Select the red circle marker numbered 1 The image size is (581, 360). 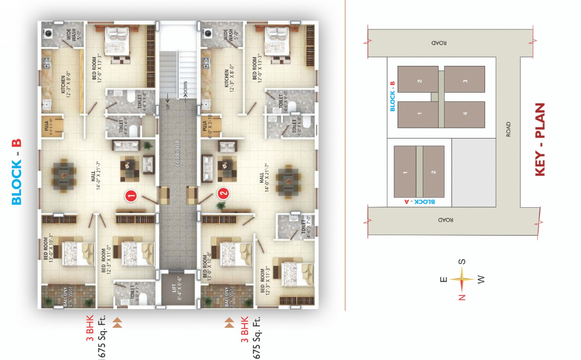131,196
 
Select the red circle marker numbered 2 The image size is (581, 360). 224,193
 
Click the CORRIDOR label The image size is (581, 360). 177,152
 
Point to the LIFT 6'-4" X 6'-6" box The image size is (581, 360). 177,288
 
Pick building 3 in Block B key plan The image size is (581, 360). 464,82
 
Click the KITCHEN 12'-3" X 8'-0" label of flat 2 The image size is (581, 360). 229,80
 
